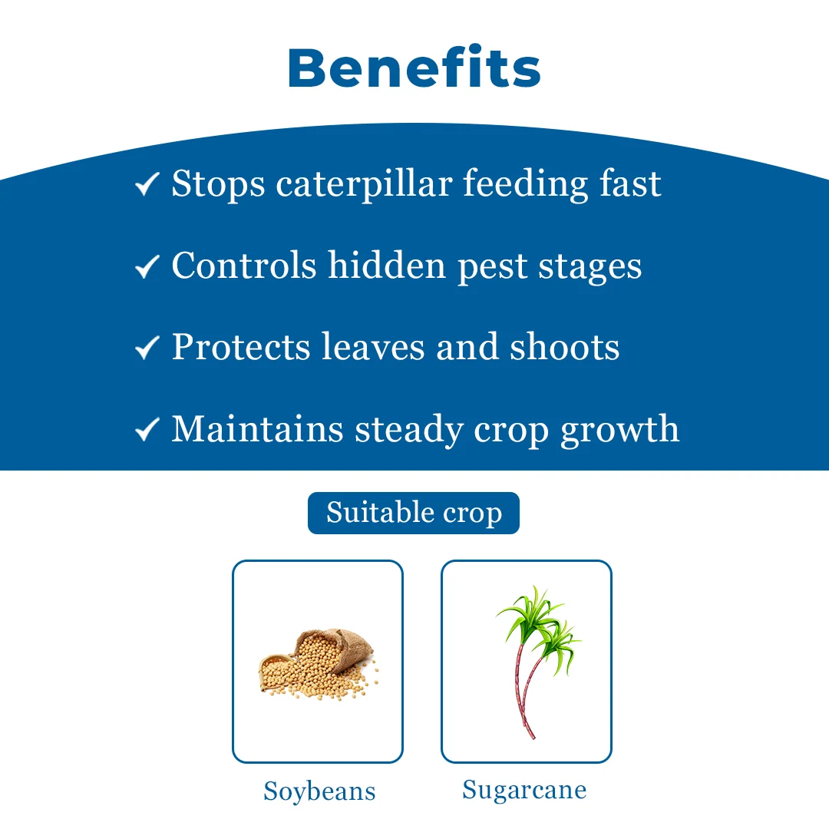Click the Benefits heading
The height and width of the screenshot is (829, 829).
(414, 67)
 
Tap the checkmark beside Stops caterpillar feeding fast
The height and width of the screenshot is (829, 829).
(147, 184)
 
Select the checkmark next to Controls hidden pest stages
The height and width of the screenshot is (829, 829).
(147, 266)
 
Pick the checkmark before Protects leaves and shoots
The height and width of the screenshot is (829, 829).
(147, 348)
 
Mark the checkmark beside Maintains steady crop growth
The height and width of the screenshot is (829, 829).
(147, 429)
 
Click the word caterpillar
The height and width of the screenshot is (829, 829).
(364, 184)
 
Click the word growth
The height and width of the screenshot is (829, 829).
(619, 431)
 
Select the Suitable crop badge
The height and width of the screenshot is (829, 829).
(414, 513)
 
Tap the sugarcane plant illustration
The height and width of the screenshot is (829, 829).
(537, 661)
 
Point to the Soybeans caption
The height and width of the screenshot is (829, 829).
(319, 792)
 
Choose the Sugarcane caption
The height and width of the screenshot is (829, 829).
(524, 791)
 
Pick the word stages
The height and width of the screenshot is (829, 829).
(590, 268)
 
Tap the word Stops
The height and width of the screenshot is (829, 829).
(218, 184)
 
